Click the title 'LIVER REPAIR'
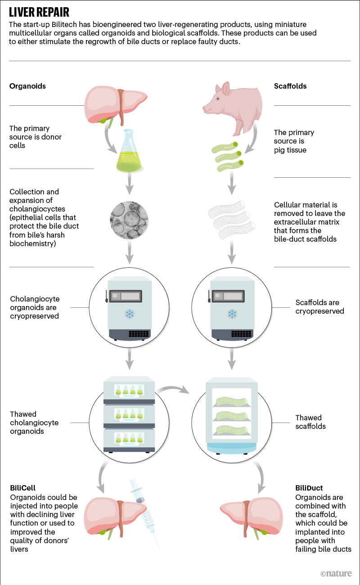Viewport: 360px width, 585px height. [39, 11]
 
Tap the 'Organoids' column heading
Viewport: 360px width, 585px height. [27, 86]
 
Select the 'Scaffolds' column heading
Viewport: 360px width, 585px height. [290, 86]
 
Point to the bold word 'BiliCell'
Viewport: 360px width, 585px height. [22, 487]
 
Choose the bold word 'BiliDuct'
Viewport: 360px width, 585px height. [309, 487]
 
